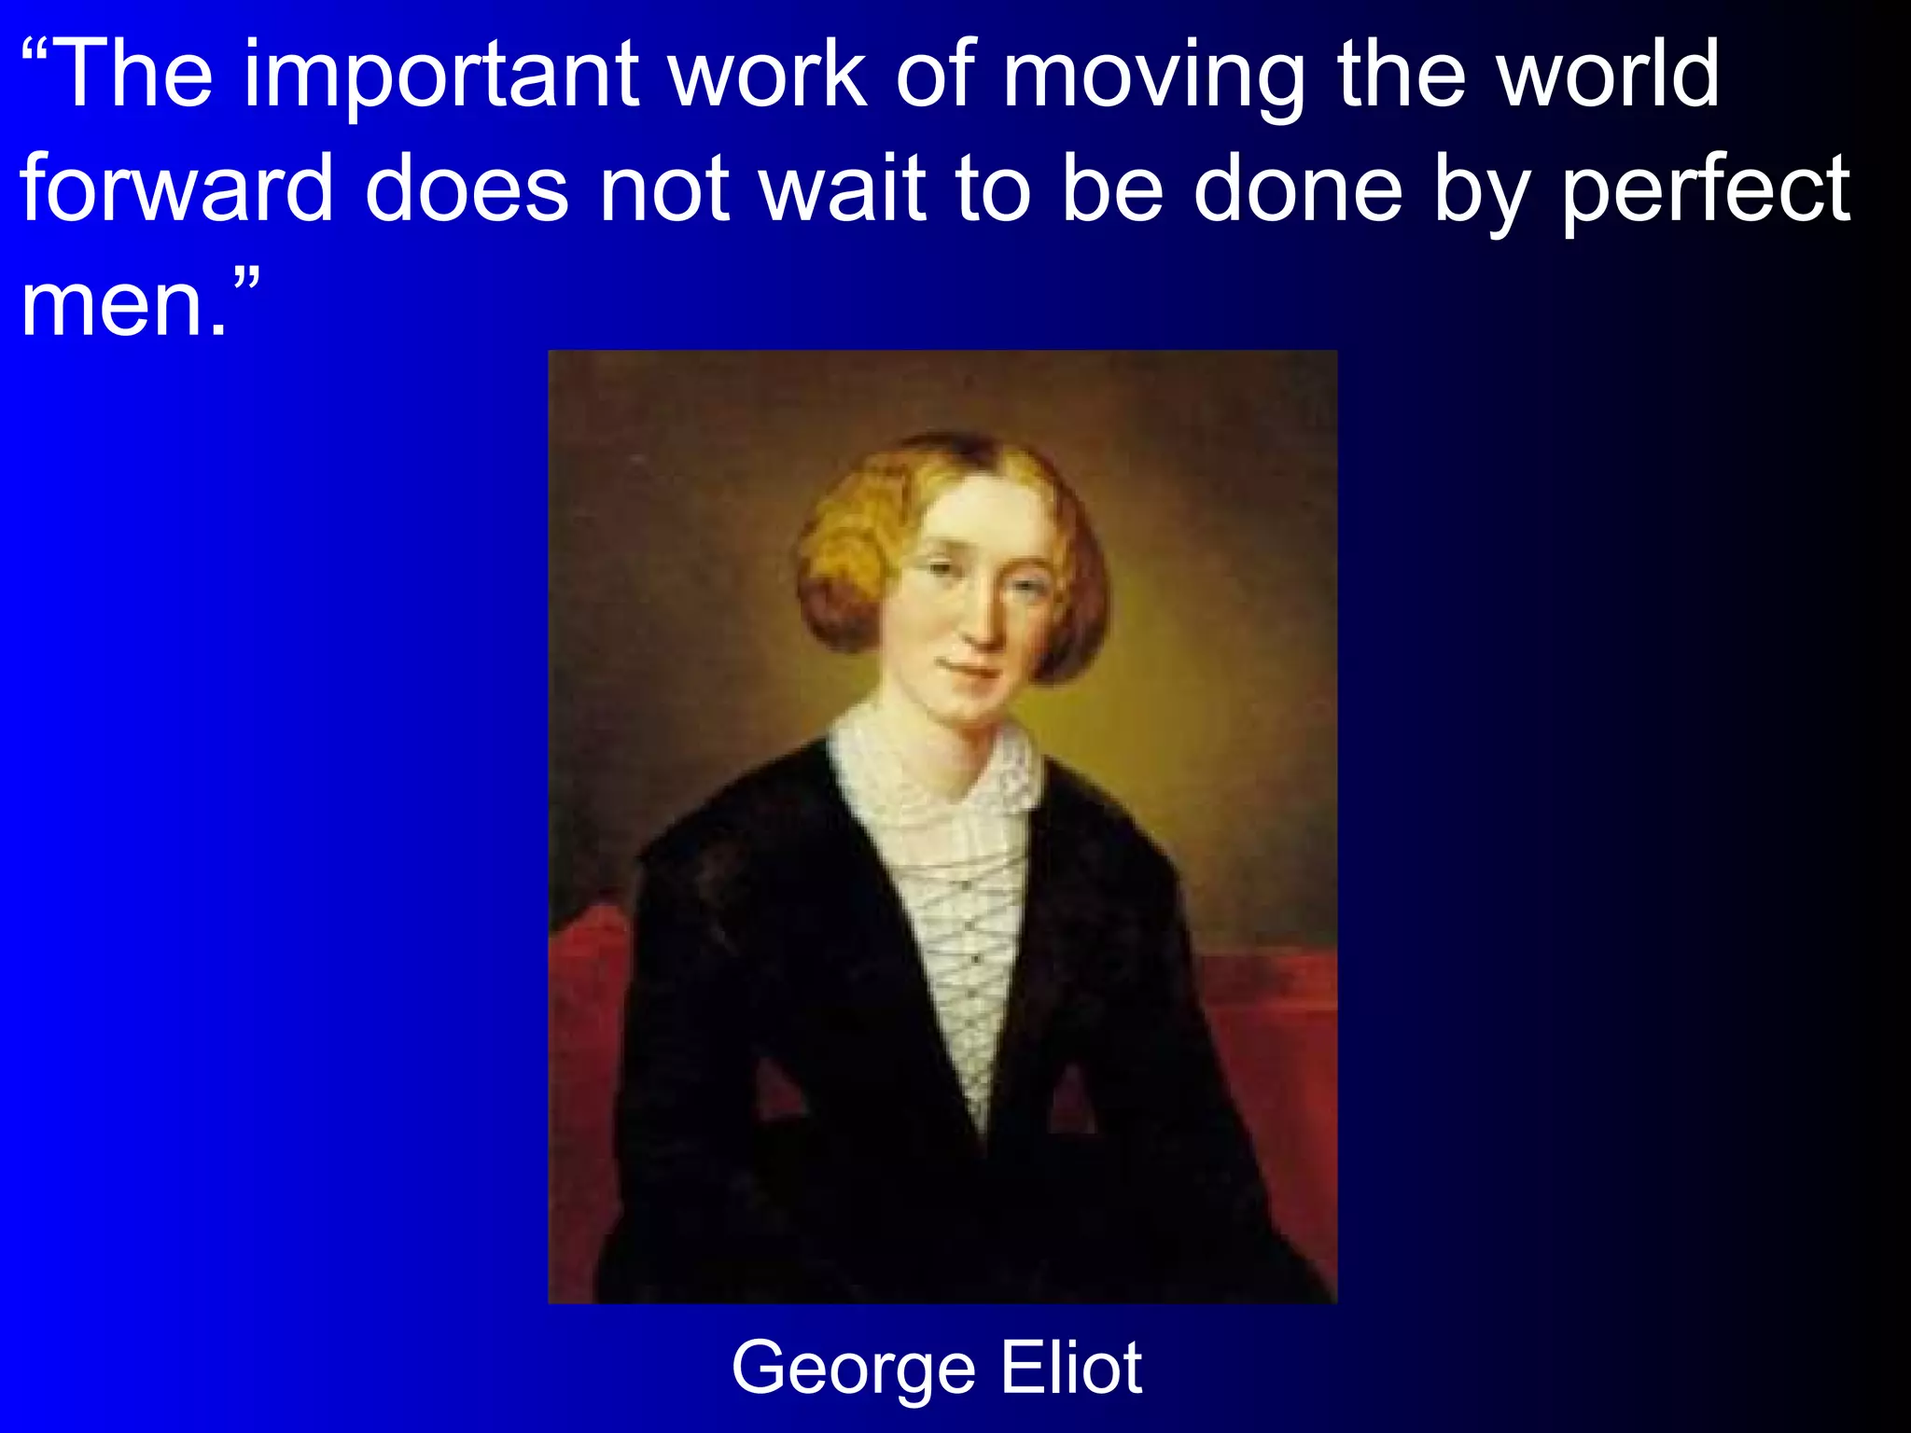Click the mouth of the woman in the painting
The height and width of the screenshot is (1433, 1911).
970,670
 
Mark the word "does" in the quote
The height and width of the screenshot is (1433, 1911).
467,188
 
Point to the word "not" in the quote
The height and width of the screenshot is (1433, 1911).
663,188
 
